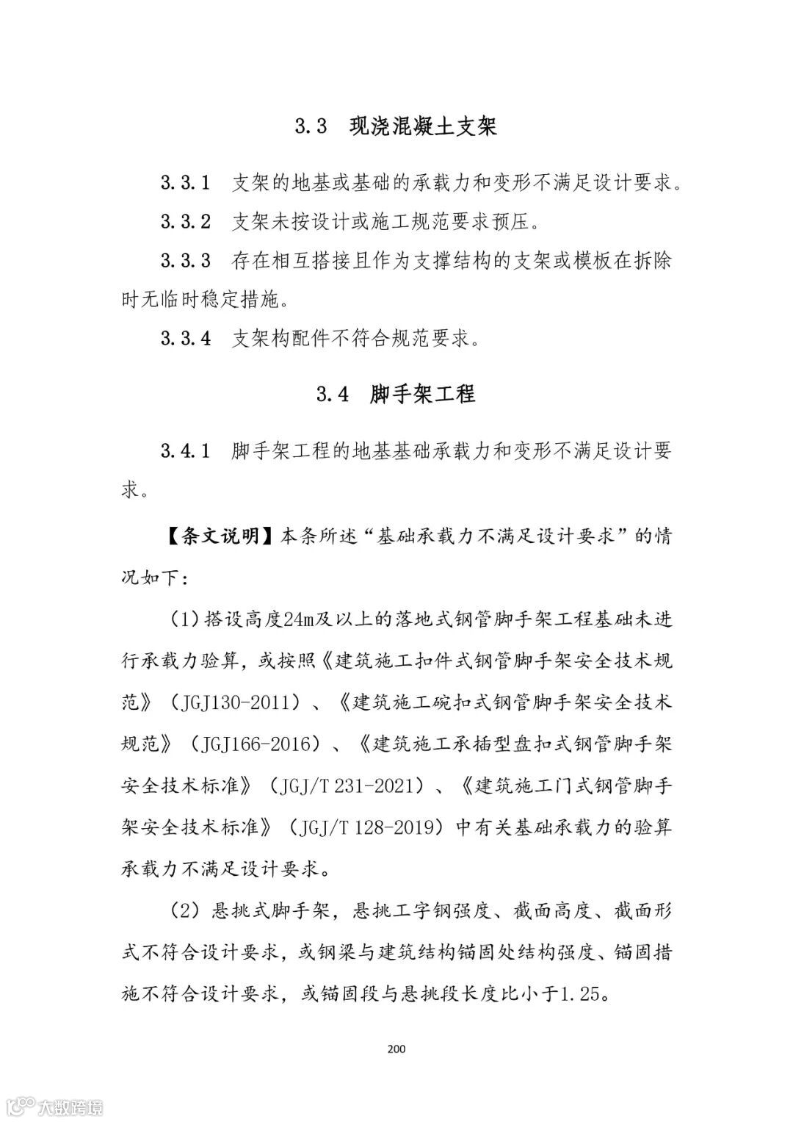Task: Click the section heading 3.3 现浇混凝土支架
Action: point(396,126)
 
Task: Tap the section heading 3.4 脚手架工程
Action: point(396,394)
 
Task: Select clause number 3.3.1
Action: point(186,183)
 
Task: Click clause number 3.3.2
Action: point(186,221)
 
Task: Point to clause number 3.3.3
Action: point(186,261)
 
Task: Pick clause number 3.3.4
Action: point(186,339)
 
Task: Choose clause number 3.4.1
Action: point(186,450)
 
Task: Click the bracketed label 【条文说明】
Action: point(210,536)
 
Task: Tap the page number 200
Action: point(396,1049)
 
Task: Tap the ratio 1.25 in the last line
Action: point(582,996)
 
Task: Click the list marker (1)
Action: point(185,620)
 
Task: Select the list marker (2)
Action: point(185,912)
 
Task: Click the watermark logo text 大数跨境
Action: point(73,1106)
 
